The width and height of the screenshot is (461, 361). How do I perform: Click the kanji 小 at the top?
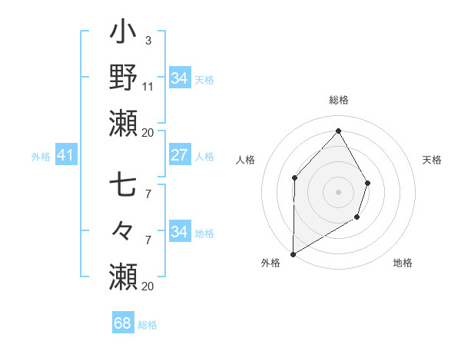[x=123, y=34]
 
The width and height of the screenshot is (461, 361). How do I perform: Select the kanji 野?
[x=123, y=78]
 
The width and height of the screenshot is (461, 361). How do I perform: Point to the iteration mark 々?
[x=123, y=230]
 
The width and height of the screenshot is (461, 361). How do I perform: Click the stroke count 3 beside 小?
[x=148, y=40]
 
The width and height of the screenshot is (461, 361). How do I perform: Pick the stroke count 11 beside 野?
[x=148, y=87]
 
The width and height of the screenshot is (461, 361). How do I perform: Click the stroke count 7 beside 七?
[x=148, y=194]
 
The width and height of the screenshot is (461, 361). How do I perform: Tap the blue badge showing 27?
[x=179, y=155]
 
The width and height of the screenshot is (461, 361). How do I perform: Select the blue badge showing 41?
[x=65, y=156]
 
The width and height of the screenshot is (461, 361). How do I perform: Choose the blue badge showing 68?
[x=123, y=323]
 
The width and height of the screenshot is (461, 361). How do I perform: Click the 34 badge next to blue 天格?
[x=179, y=78]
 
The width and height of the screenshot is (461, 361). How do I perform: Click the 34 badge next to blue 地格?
[x=179, y=232]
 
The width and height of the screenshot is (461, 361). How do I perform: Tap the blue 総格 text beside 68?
[x=148, y=325]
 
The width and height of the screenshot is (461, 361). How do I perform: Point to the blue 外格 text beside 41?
[x=41, y=157]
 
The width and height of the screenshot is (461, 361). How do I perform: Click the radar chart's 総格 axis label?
[x=338, y=101]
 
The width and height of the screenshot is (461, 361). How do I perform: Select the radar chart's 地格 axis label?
[x=403, y=263]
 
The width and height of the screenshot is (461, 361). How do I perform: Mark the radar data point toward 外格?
[x=293, y=253]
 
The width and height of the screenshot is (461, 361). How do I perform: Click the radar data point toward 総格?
[x=338, y=131]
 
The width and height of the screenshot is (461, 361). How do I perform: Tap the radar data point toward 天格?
[x=368, y=183]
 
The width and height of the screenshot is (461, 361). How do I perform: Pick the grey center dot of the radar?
[x=338, y=192]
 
